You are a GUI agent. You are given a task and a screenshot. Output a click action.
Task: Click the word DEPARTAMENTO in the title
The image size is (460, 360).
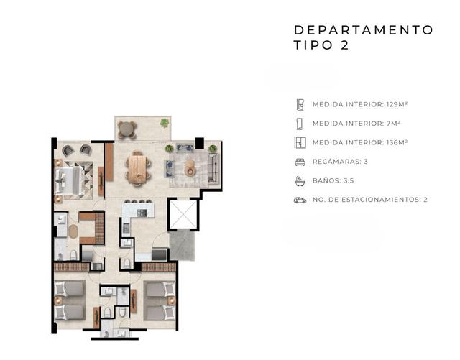pos(364,30)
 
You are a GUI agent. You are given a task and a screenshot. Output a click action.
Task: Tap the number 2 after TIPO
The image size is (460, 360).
pos(345,45)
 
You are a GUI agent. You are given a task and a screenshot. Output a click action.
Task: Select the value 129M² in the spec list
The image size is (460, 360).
pos(397,104)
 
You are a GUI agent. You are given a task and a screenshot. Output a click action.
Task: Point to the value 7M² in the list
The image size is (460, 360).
pos(393,123)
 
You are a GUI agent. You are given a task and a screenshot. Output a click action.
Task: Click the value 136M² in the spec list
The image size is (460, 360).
pos(397,142)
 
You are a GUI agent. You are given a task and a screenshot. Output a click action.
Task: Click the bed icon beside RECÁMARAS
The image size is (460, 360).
pos(300,162)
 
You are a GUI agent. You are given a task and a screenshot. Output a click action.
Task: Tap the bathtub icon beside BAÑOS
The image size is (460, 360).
pos(300,181)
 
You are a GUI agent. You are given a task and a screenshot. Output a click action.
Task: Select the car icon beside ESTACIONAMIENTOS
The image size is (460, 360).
pos(300,200)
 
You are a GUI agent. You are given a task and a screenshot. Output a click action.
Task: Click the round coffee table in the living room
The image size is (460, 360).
pos(190,168)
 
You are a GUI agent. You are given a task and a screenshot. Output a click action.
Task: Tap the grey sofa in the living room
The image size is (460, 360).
pos(213,167)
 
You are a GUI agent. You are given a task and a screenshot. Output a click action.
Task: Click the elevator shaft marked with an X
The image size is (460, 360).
pos(184,214)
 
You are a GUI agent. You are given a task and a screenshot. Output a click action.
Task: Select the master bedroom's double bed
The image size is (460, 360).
pos(68,180)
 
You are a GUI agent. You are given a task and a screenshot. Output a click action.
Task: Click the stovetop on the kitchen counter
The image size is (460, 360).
pos(142,213)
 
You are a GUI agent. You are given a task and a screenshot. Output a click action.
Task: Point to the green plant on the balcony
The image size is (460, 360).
pos(165,123)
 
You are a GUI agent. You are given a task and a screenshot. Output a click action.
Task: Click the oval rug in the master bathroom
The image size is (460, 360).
pos(73,231)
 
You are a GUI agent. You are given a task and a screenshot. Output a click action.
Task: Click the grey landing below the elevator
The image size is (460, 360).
pos(182,245)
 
